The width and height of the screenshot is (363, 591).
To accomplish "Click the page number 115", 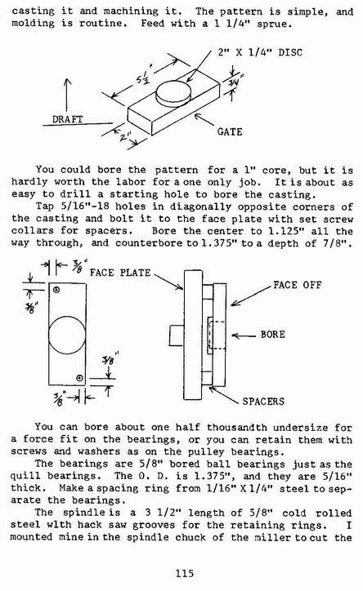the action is [185, 573].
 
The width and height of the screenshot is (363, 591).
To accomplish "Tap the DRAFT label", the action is [67, 119].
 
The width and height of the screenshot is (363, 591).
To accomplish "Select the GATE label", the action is [230, 131].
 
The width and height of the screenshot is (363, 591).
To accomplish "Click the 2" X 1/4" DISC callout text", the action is [260, 52].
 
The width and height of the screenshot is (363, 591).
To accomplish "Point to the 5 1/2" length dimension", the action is [143, 78].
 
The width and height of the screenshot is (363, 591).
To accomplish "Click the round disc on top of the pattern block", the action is [174, 93].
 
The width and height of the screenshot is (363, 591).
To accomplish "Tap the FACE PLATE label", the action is [120, 273].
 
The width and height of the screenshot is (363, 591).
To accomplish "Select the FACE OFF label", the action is [298, 285].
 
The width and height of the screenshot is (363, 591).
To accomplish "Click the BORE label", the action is [272, 335].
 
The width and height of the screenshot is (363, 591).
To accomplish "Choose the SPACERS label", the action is [263, 401].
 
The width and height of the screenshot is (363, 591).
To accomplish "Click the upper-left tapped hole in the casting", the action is [56, 290].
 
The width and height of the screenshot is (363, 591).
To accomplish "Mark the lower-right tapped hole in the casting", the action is [79, 378].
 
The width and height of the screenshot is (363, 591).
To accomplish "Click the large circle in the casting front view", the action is [67, 335].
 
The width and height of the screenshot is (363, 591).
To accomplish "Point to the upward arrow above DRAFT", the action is [67, 95].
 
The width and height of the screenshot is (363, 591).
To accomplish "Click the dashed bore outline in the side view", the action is [217, 335].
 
